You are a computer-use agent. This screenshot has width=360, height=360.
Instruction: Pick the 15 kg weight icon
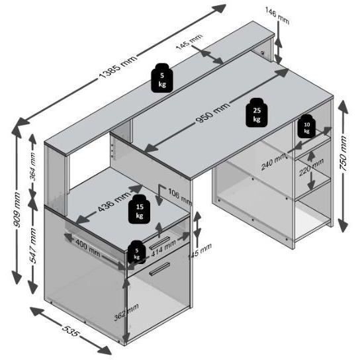[140, 208]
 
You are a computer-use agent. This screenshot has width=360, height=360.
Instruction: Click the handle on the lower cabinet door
[159, 269]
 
